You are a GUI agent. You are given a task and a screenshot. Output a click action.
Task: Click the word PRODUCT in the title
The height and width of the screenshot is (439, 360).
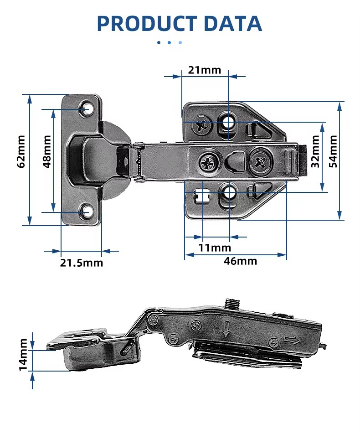(147, 24)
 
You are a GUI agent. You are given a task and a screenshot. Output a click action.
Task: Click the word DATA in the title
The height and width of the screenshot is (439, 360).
(233, 24)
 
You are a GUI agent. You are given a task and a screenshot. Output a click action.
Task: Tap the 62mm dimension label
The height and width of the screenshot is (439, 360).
(21, 151)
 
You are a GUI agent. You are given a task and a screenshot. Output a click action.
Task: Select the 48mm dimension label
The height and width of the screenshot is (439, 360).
(47, 151)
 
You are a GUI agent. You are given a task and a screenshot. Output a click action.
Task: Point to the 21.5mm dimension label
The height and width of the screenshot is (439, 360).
(82, 263)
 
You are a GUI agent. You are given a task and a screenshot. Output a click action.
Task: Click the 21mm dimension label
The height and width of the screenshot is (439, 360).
(204, 70)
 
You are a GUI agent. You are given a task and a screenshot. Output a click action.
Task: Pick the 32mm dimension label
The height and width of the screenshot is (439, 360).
(315, 151)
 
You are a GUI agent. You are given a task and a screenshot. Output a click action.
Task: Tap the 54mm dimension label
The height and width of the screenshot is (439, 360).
(333, 151)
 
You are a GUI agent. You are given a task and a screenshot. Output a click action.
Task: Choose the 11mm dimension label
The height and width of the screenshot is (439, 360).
(215, 248)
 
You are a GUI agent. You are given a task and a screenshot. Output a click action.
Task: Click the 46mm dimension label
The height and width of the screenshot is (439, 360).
(240, 261)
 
